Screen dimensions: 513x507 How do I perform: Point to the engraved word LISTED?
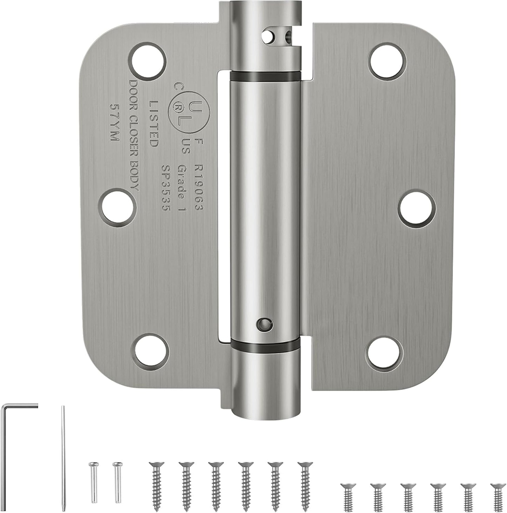154,124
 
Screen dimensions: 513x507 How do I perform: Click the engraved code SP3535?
166,189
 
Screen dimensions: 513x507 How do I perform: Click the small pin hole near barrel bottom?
265,324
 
